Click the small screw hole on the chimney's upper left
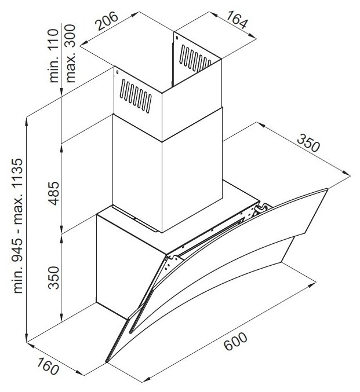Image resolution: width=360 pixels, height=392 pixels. (x=117, y=74)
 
